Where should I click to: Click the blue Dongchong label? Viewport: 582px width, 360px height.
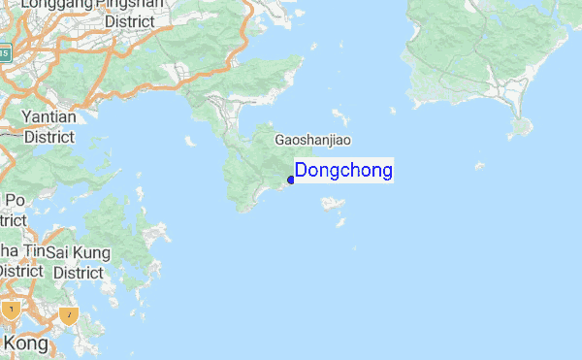[x=343, y=171]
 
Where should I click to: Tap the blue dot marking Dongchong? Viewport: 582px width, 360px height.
[x=291, y=180]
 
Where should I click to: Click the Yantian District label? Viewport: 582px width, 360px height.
[x=48, y=127]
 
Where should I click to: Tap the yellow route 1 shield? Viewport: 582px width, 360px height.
[x=11, y=311]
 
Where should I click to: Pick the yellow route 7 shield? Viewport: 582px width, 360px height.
[x=68, y=315]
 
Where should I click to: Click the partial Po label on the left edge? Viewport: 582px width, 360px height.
[x=14, y=200]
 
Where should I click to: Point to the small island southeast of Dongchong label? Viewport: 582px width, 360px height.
[x=333, y=204]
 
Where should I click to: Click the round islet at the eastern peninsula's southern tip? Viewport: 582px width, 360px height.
[x=523, y=125]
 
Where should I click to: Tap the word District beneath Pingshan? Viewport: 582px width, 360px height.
[x=129, y=21]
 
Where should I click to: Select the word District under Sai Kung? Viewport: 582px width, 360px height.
[x=78, y=273]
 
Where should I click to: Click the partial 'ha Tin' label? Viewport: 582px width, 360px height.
[x=20, y=252]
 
